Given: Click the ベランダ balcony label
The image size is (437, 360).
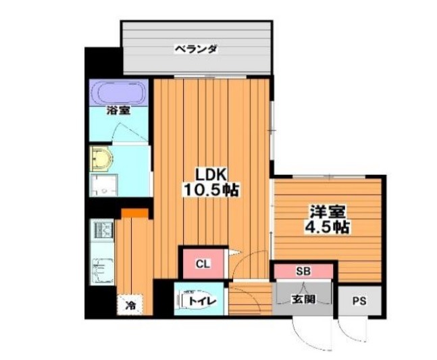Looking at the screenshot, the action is click(x=196, y=49).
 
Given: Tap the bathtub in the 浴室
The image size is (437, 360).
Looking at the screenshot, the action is click(x=118, y=93).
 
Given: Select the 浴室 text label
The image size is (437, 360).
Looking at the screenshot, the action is click(x=118, y=111).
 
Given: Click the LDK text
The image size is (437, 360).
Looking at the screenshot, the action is click(x=211, y=175).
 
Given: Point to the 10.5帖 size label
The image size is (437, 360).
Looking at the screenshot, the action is click(x=211, y=190).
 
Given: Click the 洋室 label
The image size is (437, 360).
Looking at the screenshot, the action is click(x=328, y=212).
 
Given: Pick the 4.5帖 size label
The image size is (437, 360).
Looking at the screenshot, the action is click(x=328, y=228).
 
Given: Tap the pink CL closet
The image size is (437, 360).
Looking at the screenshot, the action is click(x=203, y=263).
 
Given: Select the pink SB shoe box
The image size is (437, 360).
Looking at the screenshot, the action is click(x=303, y=271).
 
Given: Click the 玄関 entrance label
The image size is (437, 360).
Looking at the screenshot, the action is click(x=303, y=299).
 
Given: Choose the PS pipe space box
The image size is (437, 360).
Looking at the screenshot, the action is click(x=359, y=301).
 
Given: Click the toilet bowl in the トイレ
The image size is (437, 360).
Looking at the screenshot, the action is click(x=195, y=300).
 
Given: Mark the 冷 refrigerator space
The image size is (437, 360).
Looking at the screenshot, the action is click(x=130, y=305).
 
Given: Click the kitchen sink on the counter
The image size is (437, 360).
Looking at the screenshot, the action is click(x=102, y=271).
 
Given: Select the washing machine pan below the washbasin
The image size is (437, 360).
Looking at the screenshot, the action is click(x=103, y=185).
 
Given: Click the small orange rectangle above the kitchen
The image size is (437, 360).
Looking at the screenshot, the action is click(x=134, y=213).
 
